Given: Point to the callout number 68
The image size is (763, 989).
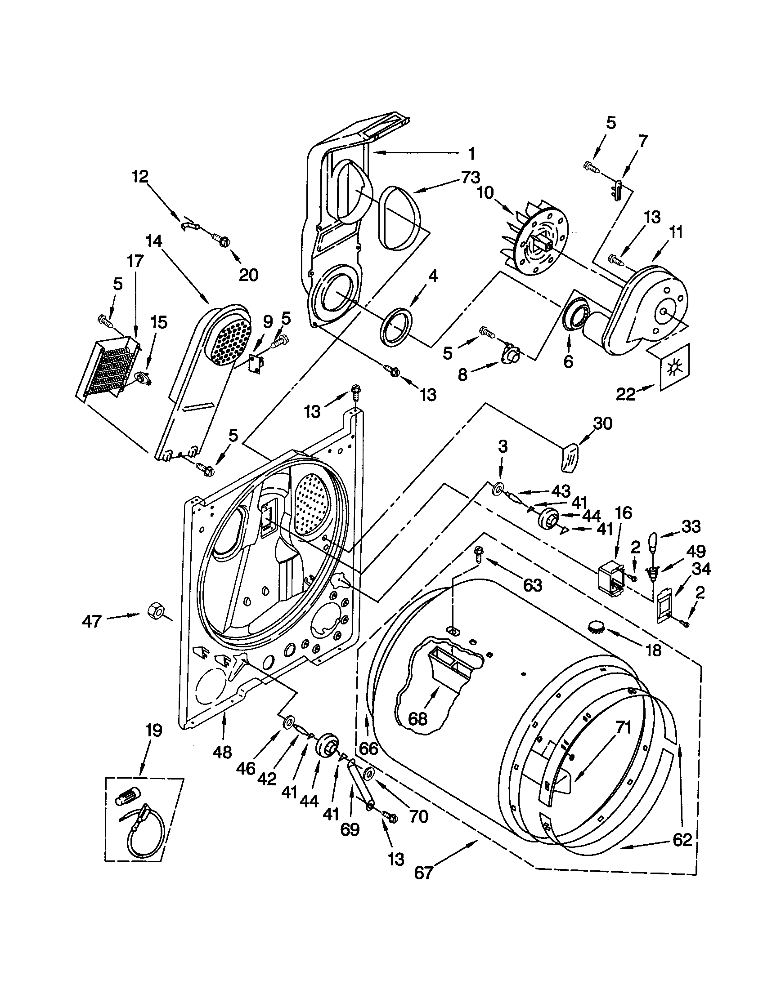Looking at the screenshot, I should point(417,718).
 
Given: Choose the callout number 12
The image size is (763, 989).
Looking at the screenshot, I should point(140,177).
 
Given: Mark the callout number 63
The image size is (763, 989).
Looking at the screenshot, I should point(532,585).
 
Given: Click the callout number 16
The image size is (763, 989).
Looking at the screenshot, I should point(624,513).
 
